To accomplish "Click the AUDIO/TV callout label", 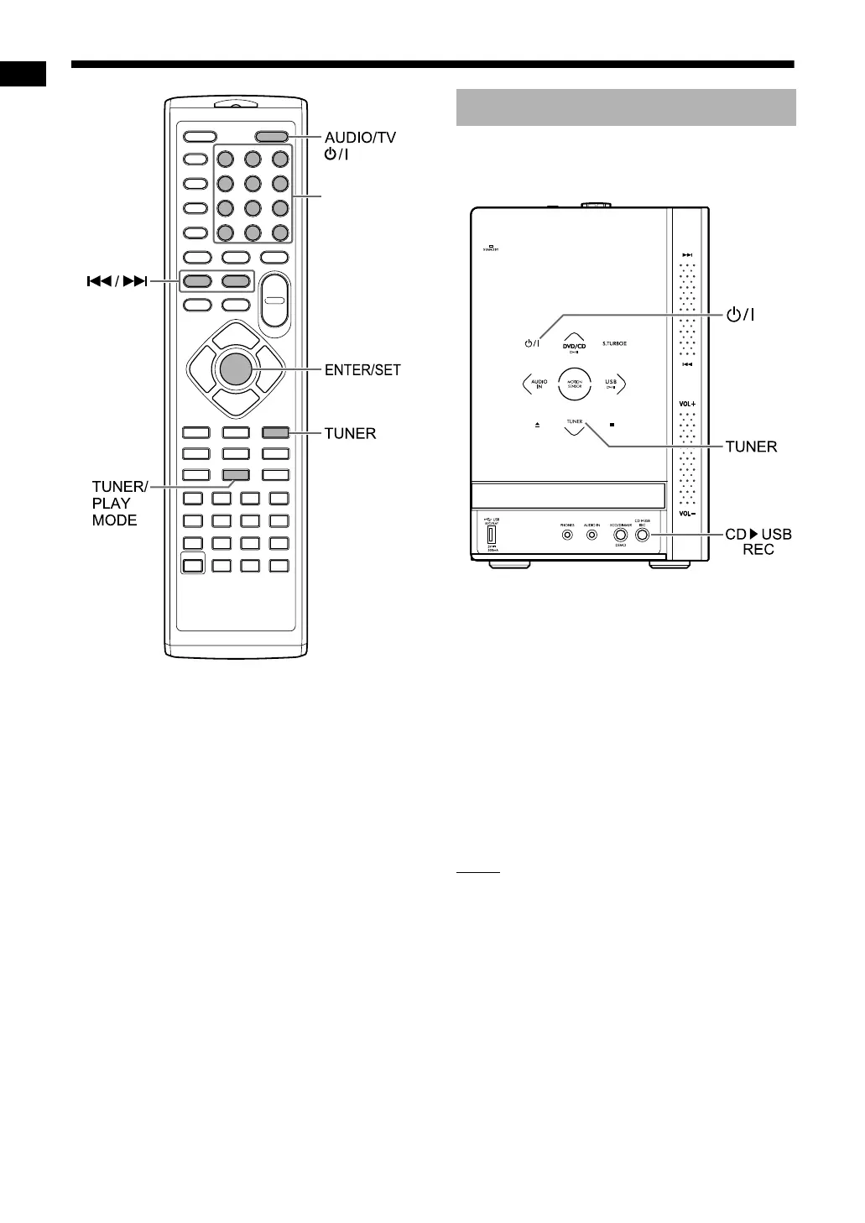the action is click(360, 138).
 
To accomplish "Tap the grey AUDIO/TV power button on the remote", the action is click(272, 137).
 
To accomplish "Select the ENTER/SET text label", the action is click(362, 369).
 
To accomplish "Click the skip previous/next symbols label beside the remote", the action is click(117, 281).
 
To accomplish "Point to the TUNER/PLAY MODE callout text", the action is click(119, 503).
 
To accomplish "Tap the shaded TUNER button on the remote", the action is click(275, 433).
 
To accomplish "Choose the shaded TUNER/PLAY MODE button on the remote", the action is click(236, 475).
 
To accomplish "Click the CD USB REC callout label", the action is click(758, 541).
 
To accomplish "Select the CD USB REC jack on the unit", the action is click(643, 535).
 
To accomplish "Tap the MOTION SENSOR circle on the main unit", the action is click(575, 384).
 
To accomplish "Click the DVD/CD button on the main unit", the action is click(575, 344).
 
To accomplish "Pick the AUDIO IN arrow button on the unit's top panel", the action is click(538, 384).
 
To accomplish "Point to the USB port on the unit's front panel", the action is click(492, 535).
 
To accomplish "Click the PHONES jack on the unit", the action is click(568, 535).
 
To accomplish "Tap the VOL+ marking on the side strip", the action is click(687, 404).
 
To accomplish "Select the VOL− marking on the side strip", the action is click(687, 513).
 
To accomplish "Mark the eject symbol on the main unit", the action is click(537, 425).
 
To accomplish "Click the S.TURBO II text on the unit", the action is click(614, 344).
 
